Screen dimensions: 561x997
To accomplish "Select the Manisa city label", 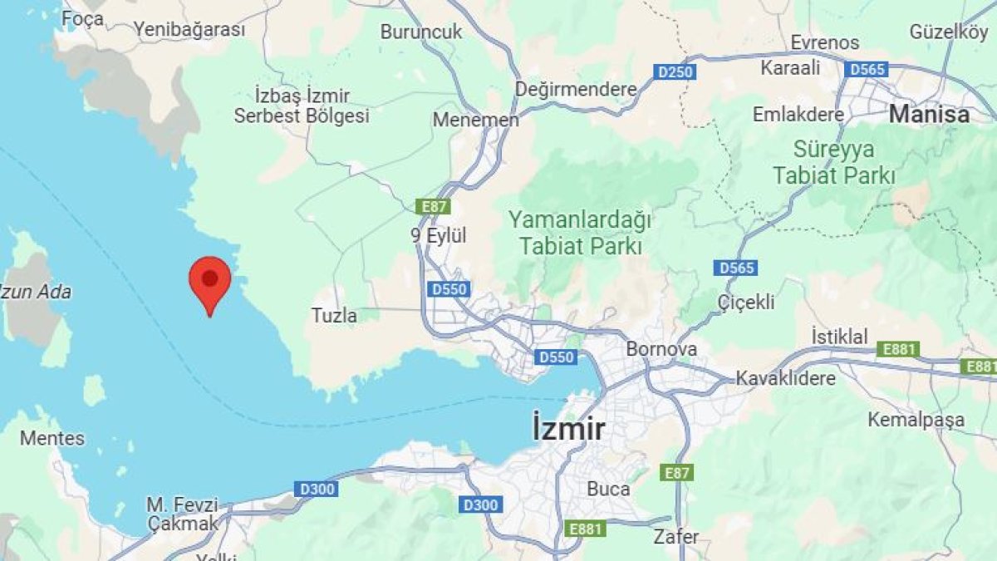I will [929, 114].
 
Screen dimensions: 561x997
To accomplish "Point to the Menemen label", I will [475, 121].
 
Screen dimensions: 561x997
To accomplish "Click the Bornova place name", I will [661, 349].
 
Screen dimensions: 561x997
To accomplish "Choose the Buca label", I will [608, 489].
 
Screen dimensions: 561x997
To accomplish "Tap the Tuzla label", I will [334, 316].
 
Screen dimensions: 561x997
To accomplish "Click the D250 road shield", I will [675, 72].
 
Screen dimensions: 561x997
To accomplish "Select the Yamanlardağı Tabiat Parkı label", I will [580, 234].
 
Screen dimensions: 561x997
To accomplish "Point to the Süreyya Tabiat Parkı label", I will [833, 163].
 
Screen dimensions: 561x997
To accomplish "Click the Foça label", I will [83, 18].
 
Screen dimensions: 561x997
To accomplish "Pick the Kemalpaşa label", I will [916, 420].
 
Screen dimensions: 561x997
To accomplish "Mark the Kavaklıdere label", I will [785, 379].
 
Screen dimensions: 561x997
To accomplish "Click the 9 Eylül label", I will [439, 236].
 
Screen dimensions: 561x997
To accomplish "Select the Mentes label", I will [52, 438].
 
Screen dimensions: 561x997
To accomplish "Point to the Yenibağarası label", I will [190, 30].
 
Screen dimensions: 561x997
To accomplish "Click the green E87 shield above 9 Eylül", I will [433, 205].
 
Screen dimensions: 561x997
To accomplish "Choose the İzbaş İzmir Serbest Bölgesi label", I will [302, 106].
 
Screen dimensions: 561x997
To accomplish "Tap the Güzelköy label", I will [950, 32].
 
